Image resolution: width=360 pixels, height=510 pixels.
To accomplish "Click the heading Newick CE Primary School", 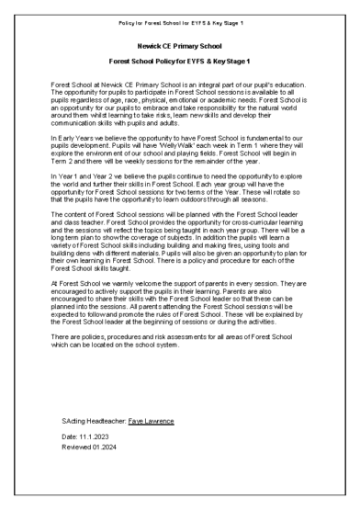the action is pyautogui.click(x=179, y=43).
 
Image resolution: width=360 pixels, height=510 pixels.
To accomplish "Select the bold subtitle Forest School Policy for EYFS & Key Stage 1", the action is pyautogui.click(x=179, y=60).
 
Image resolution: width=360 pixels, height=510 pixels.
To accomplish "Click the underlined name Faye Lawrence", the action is pyautogui.click(x=151, y=425).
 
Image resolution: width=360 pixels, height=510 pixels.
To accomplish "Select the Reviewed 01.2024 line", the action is pyautogui.click(x=86, y=448).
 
